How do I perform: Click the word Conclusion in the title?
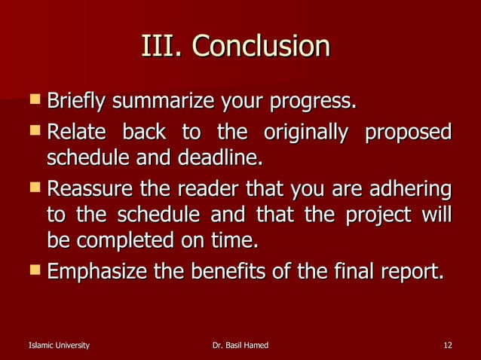[261, 47]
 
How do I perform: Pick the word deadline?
[225, 159]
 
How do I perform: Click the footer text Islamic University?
[58, 345]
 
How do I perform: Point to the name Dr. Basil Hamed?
[240, 345]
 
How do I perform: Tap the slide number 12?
[448, 345]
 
